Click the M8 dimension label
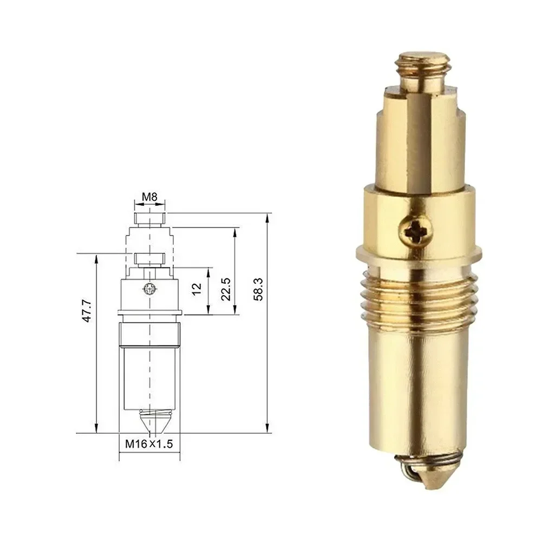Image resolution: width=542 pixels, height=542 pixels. [x=149, y=198]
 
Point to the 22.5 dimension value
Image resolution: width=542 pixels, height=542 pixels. [x=226, y=289]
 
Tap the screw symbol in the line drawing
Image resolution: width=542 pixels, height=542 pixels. [x=149, y=289]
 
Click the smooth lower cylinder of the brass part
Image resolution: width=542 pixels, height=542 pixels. [x=418, y=390]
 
